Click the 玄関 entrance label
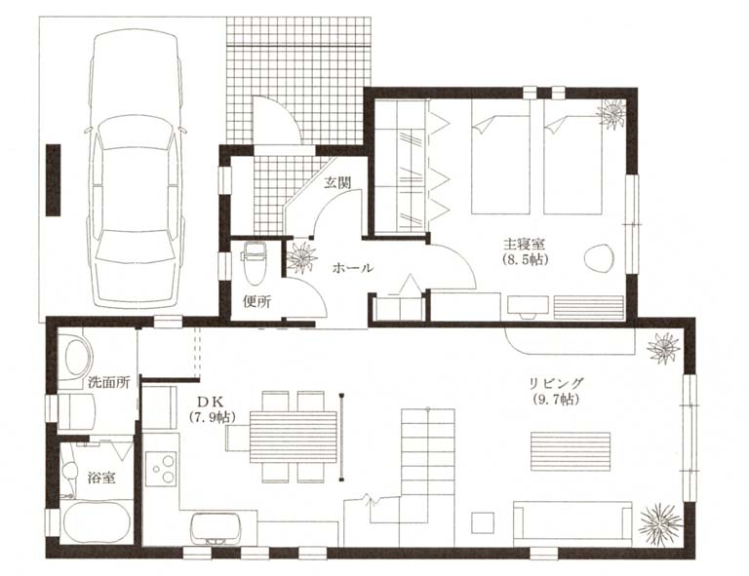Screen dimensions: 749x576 [x=337, y=183]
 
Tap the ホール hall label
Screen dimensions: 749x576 [x=352, y=268]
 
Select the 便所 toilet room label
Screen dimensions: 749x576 [x=257, y=301]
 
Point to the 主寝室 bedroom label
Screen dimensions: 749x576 [x=524, y=244]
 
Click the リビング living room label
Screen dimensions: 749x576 [x=557, y=383]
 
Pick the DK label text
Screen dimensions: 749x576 [x=210, y=400]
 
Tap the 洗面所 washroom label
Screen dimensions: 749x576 [x=108, y=382]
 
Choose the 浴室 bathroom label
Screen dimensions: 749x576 [x=101, y=478]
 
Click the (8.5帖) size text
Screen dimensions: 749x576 [x=525, y=260]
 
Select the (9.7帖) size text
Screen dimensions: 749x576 [x=556, y=400]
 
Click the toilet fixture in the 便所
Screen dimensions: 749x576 [x=255, y=264]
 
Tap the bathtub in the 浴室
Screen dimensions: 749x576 [x=96, y=521]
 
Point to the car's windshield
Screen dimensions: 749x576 [x=135, y=245]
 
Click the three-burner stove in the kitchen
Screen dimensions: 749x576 [x=162, y=469]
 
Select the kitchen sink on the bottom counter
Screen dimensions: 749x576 [x=216, y=529]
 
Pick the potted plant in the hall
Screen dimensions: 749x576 [x=301, y=257]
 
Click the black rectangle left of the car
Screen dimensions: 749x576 [x=53, y=180]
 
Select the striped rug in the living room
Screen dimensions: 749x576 [x=571, y=454]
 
